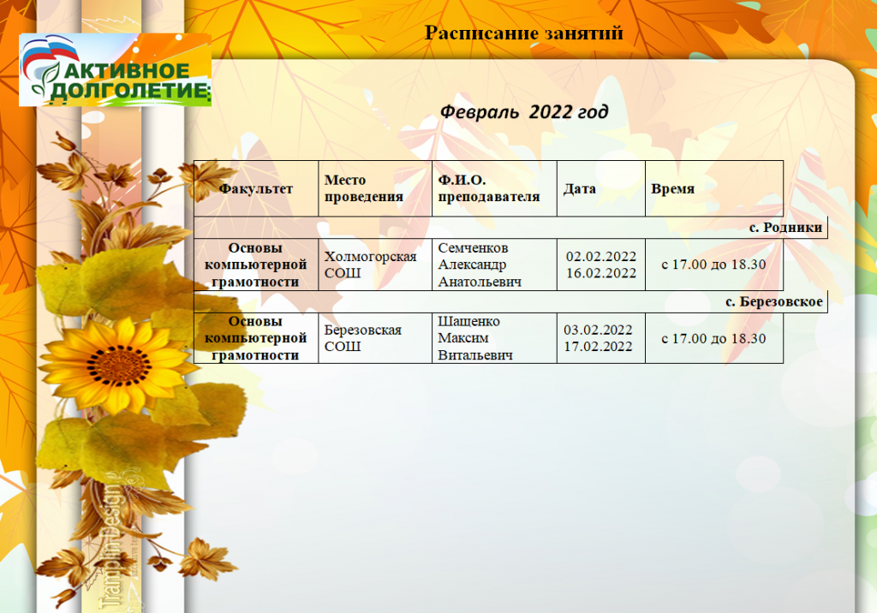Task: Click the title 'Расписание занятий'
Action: (523, 33)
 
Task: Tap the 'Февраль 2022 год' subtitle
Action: (524, 112)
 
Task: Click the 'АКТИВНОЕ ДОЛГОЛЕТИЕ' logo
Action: (116, 70)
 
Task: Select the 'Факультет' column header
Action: (255, 188)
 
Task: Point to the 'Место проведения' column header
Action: (363, 188)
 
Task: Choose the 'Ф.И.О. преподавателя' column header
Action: (489, 188)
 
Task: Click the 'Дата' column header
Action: (580, 188)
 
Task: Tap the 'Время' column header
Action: (673, 188)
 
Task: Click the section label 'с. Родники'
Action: (786, 227)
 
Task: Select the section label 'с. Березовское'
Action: (774, 301)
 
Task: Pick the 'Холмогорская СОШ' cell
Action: (370, 265)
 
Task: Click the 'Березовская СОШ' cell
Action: (362, 338)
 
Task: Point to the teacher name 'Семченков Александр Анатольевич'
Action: (480, 265)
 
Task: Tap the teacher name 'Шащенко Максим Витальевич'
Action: (474, 338)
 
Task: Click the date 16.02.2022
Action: (601, 273)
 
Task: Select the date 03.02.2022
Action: (598, 330)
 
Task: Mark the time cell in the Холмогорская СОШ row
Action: (713, 265)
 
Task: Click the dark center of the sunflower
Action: (118, 366)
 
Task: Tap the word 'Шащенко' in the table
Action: (468, 322)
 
